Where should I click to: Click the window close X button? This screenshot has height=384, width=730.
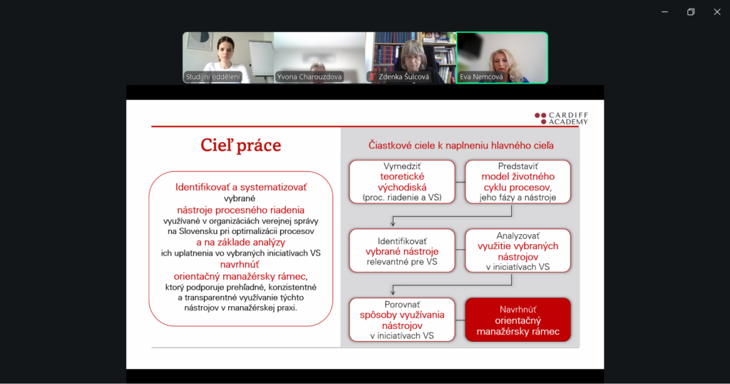[x=717, y=12]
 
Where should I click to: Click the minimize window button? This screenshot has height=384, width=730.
[x=665, y=12]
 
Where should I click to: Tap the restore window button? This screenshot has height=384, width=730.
[x=691, y=12]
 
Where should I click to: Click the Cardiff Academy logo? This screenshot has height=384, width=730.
[x=562, y=118]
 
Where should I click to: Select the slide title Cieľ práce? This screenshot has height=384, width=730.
[x=241, y=146]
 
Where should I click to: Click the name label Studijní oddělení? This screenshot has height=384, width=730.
[x=213, y=77]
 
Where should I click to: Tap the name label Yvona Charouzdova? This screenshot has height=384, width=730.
[x=309, y=77]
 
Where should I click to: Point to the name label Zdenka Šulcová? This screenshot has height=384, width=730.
[x=403, y=77]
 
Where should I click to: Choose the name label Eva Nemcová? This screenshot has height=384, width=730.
[x=481, y=77]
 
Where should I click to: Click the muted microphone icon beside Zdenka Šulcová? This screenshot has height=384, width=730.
[x=372, y=77]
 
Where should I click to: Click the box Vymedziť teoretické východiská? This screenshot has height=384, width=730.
[x=402, y=182]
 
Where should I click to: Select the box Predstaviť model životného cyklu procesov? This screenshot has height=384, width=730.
[x=518, y=182]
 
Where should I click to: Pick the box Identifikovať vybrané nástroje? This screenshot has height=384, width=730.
[x=402, y=251]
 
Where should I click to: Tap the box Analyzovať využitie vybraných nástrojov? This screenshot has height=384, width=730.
[x=518, y=251]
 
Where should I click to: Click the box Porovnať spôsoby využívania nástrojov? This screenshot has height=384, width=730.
[x=402, y=320]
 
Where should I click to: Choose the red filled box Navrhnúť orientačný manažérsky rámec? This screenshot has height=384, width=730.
[x=518, y=320]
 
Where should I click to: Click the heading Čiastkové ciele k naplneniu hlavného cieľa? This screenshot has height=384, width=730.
[x=461, y=146]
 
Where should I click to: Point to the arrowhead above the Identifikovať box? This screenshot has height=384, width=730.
[x=394, y=223]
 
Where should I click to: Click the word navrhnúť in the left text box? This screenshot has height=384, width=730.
[x=240, y=265]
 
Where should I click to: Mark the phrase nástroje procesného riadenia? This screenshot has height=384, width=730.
[x=241, y=210]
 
